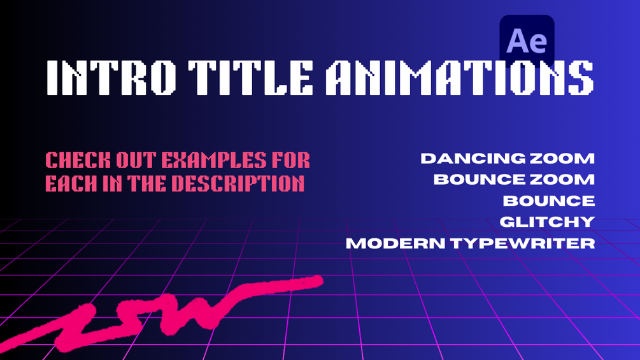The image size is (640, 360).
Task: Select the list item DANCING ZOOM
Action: point(508,158)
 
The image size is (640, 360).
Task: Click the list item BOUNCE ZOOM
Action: point(514,179)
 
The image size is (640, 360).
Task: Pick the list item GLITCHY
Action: point(547,222)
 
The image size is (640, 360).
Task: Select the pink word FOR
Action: point(294,159)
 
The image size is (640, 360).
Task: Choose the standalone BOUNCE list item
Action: point(549,201)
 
